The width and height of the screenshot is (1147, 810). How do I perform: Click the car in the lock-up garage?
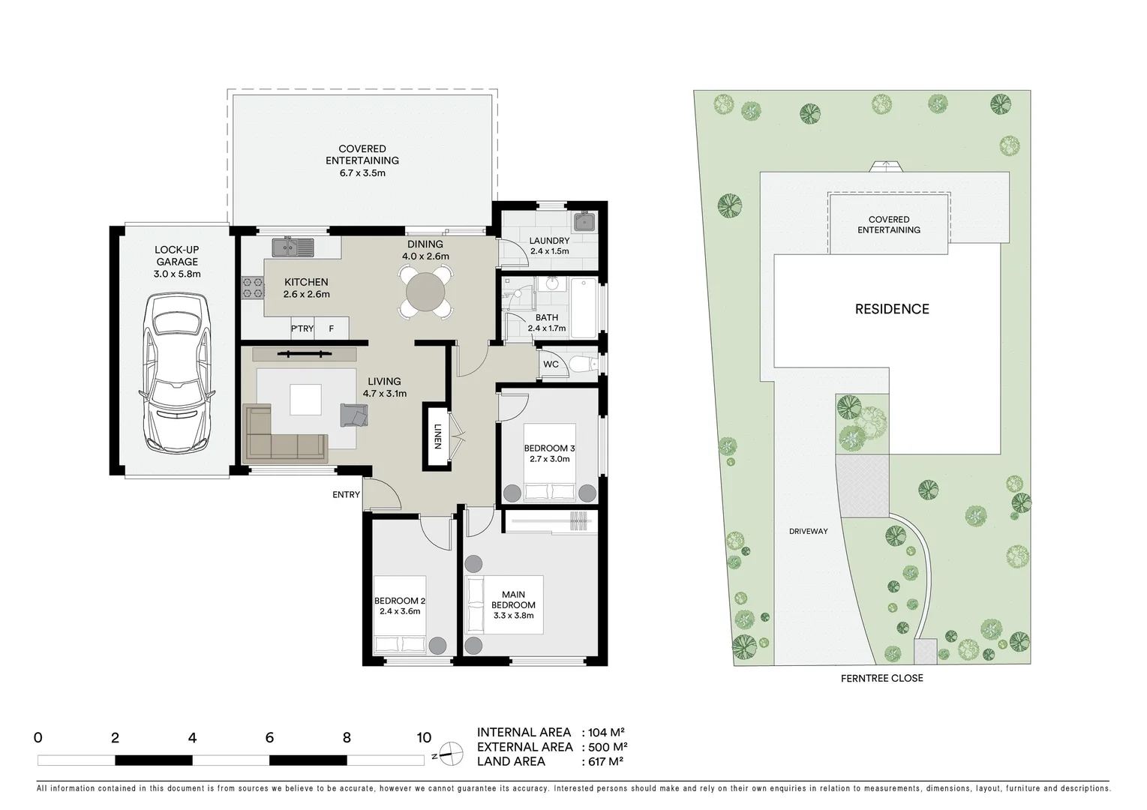[177, 373]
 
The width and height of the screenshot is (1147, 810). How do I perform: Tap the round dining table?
[425, 292]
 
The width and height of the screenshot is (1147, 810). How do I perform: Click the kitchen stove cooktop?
[253, 289]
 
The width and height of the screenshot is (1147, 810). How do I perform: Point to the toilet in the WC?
[582, 365]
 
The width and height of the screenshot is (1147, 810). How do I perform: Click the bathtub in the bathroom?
[584, 307]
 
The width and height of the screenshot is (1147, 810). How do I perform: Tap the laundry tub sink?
[584, 222]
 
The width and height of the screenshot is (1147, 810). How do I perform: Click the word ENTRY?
[347, 495]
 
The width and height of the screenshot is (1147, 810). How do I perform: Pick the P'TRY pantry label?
[302, 328]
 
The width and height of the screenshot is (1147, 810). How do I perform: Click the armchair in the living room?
[354, 415]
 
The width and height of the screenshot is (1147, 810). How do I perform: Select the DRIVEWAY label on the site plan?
[808, 531]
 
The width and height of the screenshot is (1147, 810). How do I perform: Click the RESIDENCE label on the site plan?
[892, 309]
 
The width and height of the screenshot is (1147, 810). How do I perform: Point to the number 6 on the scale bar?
[269, 738]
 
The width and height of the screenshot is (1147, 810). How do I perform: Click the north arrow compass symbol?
[450, 751]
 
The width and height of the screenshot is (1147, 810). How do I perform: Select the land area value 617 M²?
[603, 761]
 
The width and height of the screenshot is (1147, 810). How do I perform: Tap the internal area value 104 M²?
[603, 733]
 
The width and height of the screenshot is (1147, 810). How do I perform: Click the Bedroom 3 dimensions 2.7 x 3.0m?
[549, 459]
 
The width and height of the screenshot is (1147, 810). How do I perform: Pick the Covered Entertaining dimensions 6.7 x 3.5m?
[362, 173]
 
